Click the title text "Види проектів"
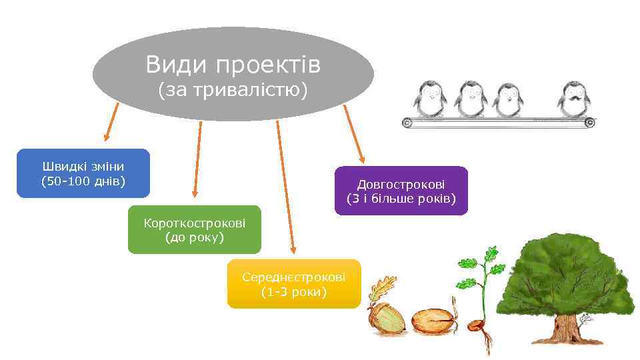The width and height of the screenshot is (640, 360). click(x=233, y=65)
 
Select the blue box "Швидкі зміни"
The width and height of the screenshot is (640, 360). click(x=83, y=173)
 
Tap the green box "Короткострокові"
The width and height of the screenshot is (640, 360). click(x=195, y=229)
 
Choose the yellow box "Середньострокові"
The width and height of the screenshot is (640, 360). click(x=294, y=283)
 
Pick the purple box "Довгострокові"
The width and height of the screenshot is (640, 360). click(x=401, y=190)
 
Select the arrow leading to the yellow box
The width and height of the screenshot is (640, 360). click(x=285, y=187)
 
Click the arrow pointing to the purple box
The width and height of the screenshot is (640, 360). click(x=353, y=133)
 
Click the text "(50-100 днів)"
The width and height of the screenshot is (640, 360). click(x=83, y=181)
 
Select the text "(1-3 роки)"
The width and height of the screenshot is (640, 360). click(x=294, y=292)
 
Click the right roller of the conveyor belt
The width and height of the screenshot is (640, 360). click(x=589, y=122)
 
